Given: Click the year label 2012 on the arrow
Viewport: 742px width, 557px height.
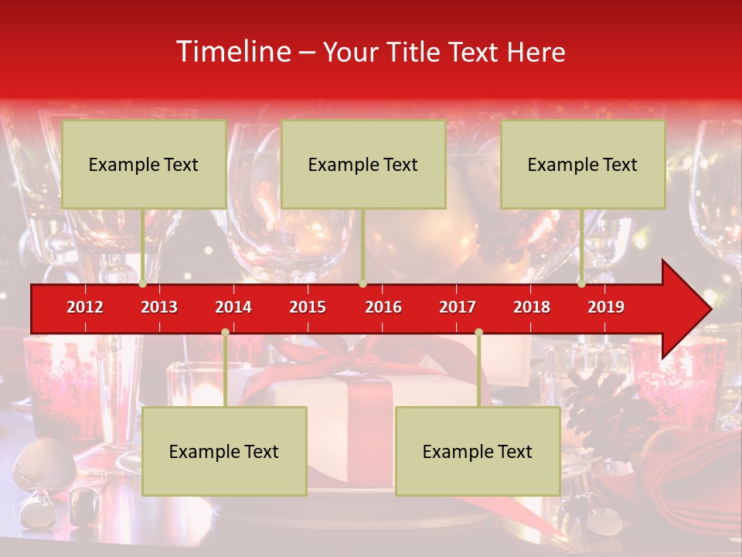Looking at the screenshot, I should click(x=85, y=307).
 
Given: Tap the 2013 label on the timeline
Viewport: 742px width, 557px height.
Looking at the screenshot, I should click(x=159, y=307).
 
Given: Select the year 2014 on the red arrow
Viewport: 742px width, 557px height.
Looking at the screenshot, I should click(x=233, y=307).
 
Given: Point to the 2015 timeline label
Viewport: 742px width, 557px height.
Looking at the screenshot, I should click(x=308, y=307).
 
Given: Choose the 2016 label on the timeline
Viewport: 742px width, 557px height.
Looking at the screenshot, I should click(x=383, y=307).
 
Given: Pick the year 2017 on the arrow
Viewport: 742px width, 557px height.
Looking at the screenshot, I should click(x=458, y=307).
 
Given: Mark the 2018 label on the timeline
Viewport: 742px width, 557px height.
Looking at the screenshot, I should click(x=532, y=307).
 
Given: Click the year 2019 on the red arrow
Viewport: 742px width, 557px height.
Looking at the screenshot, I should click(x=606, y=307).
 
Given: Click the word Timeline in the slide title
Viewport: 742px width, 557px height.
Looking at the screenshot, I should click(x=233, y=52).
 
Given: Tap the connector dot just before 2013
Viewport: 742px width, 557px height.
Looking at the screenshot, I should click(x=143, y=283).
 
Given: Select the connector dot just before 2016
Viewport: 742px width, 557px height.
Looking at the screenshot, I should click(x=362, y=283).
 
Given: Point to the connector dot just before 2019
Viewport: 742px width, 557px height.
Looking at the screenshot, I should click(x=582, y=283).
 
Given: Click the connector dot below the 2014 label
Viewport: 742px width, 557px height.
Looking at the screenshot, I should click(x=225, y=332).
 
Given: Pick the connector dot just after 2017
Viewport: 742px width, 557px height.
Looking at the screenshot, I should click(x=478, y=332).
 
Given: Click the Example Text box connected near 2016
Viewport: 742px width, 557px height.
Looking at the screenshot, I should click(x=363, y=164).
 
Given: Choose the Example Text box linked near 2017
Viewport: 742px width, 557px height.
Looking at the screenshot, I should click(x=478, y=451).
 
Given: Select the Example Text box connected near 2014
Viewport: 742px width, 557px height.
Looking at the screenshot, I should click(x=224, y=451).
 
